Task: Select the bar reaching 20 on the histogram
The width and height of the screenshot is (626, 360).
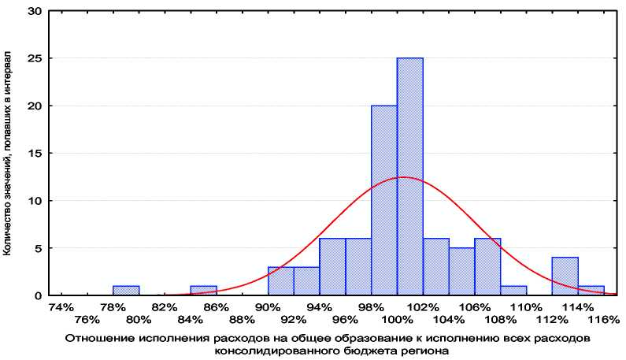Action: (x=383, y=200)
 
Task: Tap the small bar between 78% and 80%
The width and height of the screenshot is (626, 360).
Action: (x=126, y=290)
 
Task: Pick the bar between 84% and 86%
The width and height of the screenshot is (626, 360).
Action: (x=203, y=290)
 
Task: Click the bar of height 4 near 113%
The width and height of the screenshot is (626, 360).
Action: (x=565, y=276)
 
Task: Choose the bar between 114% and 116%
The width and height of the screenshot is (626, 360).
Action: (x=591, y=290)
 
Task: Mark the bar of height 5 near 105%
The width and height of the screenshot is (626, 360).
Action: (x=461, y=271)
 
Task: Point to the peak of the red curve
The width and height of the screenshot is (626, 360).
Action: (x=402, y=177)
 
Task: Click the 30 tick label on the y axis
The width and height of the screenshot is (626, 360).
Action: (x=35, y=12)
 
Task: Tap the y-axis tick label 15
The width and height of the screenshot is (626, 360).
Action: (x=35, y=154)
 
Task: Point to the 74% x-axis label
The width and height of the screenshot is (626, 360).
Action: (x=61, y=306)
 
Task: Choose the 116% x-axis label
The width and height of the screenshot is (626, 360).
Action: (x=603, y=319)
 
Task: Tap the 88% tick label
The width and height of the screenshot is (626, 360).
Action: (x=243, y=319)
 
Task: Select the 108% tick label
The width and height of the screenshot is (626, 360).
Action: (x=501, y=319)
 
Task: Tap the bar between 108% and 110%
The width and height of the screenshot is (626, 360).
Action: (x=513, y=290)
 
